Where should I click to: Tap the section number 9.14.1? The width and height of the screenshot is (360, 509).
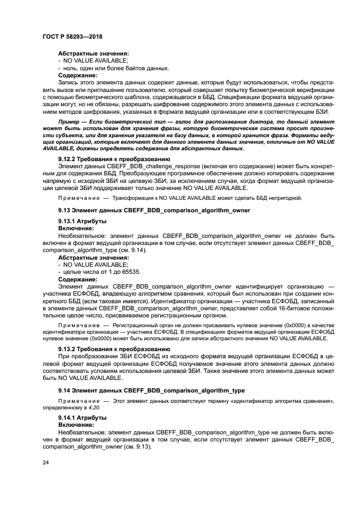point(69,417)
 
